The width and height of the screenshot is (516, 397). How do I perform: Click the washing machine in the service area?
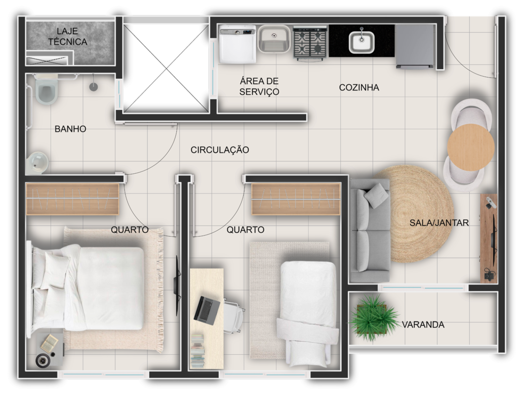pyautogui.click(x=238, y=44)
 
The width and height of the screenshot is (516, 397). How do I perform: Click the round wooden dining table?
pyautogui.click(x=471, y=147)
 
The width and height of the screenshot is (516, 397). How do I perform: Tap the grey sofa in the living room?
pyautogui.click(x=369, y=231)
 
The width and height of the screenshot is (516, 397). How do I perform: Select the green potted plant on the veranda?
pyautogui.click(x=373, y=318)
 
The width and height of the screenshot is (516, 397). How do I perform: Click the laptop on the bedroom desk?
pyautogui.click(x=206, y=310)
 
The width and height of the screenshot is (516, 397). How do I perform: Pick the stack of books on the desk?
pyautogui.click(x=198, y=351)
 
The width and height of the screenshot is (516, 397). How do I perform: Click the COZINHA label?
pyautogui.click(x=359, y=88)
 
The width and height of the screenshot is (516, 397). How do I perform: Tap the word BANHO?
pyautogui.click(x=71, y=129)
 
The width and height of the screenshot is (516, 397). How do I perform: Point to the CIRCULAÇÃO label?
pyautogui.click(x=220, y=150)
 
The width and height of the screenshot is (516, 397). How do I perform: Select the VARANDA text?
pyautogui.click(x=423, y=324)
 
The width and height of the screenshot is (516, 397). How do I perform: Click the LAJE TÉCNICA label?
pyautogui.click(x=68, y=36)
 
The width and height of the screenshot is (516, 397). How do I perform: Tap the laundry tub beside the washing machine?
pyautogui.click(x=274, y=39)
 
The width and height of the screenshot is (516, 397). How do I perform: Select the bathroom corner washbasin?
pyautogui.click(x=37, y=163)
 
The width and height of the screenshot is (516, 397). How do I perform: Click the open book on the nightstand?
pyautogui.click(x=49, y=343)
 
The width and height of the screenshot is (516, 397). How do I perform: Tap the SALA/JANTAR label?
pyautogui.click(x=439, y=223)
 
